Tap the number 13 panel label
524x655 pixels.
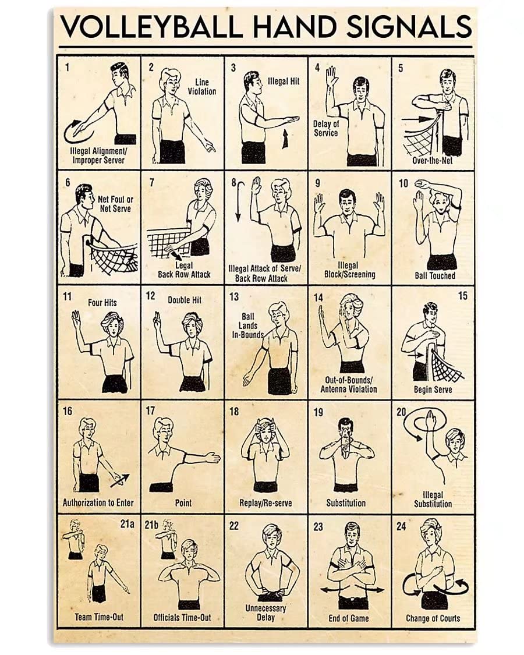[233, 297]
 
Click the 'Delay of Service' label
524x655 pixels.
[326, 128]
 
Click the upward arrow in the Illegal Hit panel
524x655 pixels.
[285, 140]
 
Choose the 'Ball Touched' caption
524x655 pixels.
[434, 275]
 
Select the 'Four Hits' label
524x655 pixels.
[102, 303]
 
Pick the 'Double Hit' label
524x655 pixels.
[185, 300]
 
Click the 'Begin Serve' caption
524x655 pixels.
[433, 390]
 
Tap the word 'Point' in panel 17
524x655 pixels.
[183, 502]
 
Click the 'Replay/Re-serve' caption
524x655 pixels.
[265, 502]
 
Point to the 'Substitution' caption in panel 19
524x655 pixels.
[346, 502]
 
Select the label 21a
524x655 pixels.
[128, 524]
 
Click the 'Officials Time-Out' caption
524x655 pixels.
[183, 618]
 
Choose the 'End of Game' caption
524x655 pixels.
[349, 618]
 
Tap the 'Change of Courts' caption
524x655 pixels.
[433, 618]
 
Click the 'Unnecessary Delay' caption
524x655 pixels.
[265, 612]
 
